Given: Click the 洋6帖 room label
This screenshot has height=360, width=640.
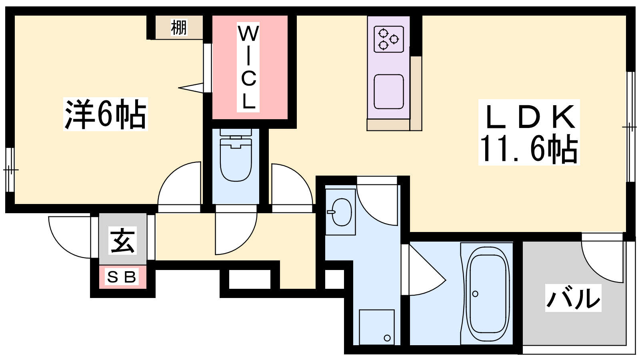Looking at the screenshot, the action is tap(106, 114).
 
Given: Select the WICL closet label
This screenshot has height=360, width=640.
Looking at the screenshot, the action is tap(248, 68).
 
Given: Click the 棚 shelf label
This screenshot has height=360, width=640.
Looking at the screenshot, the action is tap(179, 28).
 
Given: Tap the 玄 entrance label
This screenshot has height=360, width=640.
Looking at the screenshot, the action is tap(122, 240).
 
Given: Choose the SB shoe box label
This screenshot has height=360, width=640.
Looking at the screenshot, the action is tap(122, 276).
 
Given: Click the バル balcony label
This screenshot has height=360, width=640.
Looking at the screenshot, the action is tap(573, 298).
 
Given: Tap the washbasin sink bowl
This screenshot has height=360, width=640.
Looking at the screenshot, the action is tap(342, 212).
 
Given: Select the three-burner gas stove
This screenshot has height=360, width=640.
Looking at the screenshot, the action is tap(388, 39).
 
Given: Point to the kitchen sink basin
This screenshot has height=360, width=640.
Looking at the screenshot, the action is tap(388, 92).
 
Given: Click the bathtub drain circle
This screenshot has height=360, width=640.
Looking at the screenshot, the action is tap(475, 294).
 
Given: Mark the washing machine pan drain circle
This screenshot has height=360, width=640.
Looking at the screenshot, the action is tap(387, 338).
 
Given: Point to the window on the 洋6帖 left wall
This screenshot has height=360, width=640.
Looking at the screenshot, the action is tap(10, 170).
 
